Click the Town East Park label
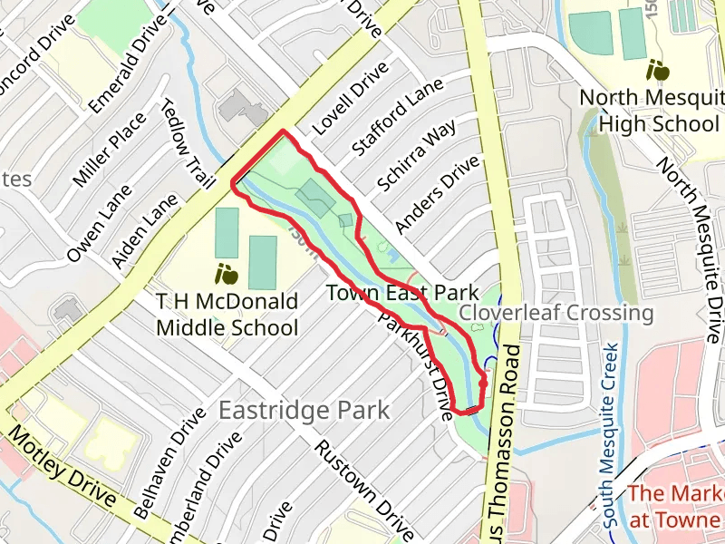[401, 293]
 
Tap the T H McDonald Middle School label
[227, 314]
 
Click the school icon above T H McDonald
[225, 272]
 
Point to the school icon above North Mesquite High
[658, 70]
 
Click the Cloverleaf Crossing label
[556, 313]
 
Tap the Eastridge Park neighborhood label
[304, 410]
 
